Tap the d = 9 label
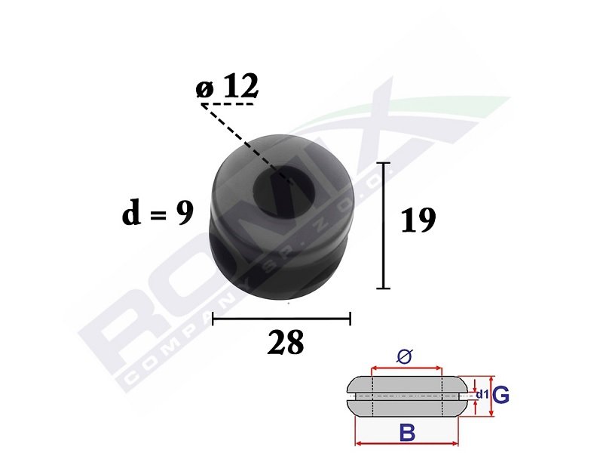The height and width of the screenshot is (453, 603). click(158, 213)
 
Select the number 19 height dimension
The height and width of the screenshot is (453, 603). click(418, 220)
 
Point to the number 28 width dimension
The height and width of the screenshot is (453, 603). click(286, 343)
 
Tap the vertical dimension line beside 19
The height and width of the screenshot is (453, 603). click(384, 225)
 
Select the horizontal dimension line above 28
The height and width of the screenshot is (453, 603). click(281, 319)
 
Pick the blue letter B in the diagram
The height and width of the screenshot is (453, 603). click(408, 432)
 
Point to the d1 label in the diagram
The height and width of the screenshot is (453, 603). click(482, 394)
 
